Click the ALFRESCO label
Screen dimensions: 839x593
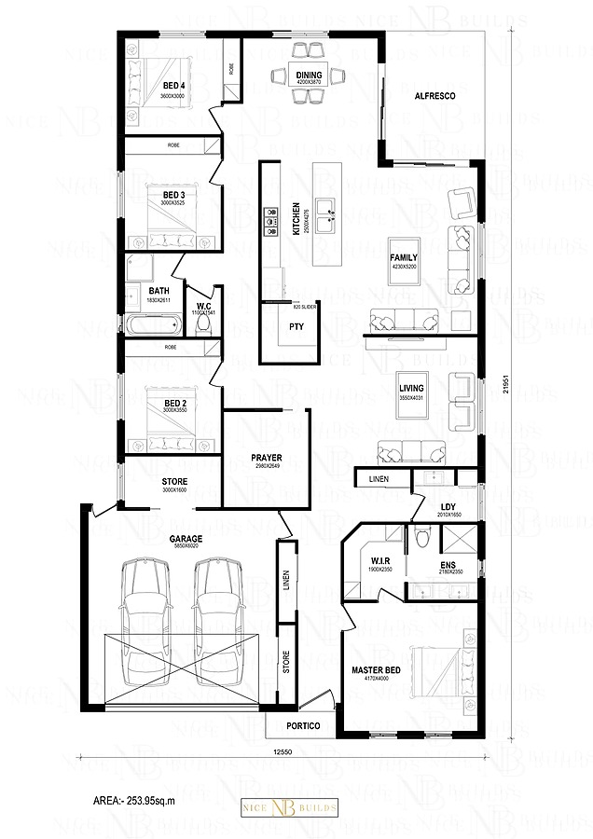tap(434, 95)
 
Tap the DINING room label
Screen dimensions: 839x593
tap(309, 76)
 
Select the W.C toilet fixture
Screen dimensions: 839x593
tap(201, 324)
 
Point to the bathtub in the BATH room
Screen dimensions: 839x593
tap(153, 326)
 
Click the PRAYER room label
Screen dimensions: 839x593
tap(267, 458)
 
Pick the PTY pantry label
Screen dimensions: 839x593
tap(297, 326)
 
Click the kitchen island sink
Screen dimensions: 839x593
tap(325, 214)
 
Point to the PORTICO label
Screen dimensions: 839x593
tap(304, 724)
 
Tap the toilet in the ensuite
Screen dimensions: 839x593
tap(423, 538)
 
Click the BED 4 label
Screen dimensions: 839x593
tap(173, 86)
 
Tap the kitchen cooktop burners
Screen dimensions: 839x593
tap(271, 217)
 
